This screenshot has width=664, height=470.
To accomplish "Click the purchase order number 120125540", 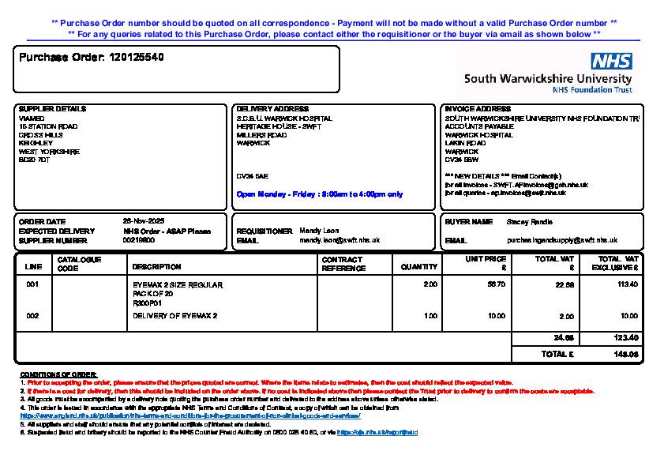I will click(x=137, y=58).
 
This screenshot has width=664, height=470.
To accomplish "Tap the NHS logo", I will click(x=611, y=62).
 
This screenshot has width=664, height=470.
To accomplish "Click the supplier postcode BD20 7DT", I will click(x=34, y=160).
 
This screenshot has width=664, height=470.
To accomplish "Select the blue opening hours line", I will click(x=319, y=194).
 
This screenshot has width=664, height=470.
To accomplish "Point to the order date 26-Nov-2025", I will click(x=143, y=221).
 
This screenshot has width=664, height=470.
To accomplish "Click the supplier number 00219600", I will click(x=139, y=240).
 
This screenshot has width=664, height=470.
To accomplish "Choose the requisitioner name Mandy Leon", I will click(x=320, y=231).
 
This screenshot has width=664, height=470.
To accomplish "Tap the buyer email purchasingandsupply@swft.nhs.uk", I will click(x=561, y=240).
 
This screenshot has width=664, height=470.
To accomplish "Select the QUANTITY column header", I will click(x=419, y=267).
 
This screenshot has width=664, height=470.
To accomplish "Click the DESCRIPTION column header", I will click(x=156, y=267).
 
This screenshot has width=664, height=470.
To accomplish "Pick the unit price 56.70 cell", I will click(x=497, y=284).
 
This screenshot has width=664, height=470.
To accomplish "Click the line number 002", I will click(x=32, y=316).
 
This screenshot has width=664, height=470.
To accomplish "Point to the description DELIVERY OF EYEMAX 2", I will click(x=174, y=316).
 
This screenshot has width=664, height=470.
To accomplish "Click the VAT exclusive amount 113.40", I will click(x=628, y=284).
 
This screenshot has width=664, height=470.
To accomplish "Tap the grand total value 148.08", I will click(x=627, y=355).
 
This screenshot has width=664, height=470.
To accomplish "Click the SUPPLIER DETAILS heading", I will click(x=52, y=109).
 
